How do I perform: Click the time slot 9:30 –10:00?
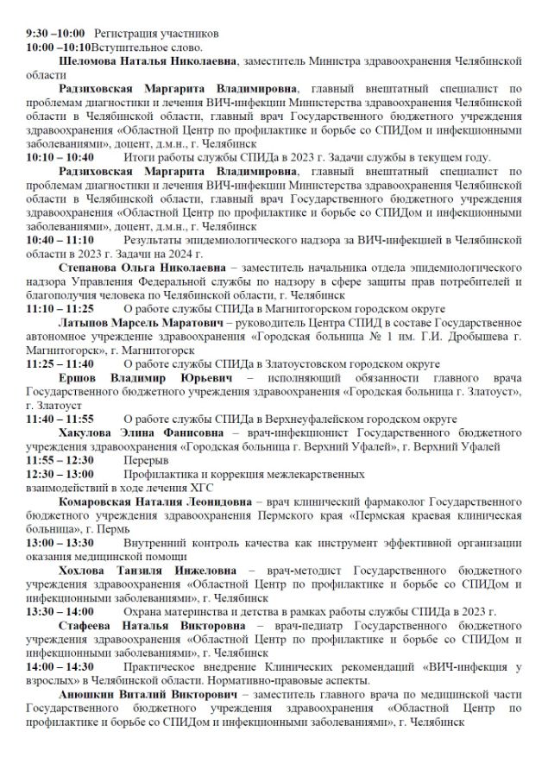54,31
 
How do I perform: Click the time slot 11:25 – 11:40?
60,365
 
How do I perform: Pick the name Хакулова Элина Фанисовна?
140,432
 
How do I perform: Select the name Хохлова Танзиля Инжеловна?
148,571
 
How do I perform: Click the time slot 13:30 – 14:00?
60,610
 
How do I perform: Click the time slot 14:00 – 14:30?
60,666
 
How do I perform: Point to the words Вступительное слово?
150,47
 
